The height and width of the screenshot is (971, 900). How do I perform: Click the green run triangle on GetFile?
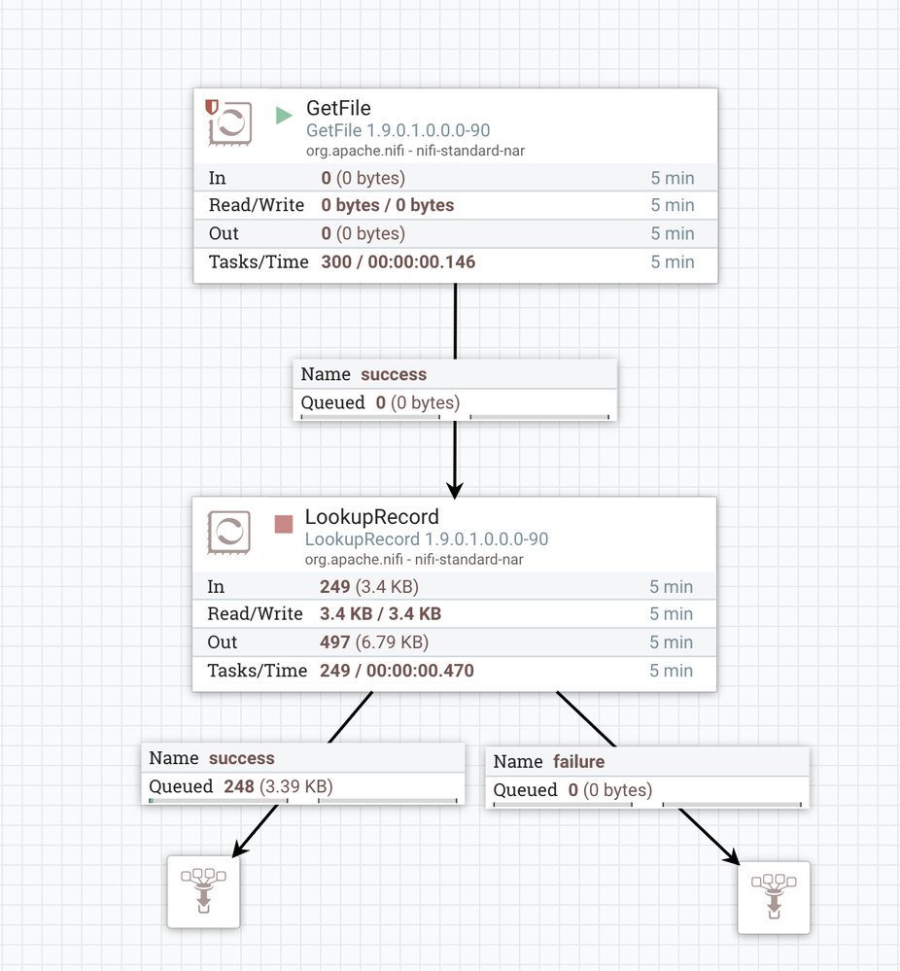coord(284,116)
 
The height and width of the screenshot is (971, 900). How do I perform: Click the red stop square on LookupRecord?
coord(284,524)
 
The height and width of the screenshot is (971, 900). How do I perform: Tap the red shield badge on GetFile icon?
coord(212,107)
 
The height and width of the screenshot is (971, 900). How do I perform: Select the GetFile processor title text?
coord(338,108)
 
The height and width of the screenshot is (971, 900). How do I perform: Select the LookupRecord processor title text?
coord(371,516)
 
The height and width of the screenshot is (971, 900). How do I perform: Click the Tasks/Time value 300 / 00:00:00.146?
coord(398,262)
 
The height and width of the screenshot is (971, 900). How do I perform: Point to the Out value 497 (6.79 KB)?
coord(374,642)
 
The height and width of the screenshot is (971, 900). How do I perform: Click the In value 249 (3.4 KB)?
coord(369,586)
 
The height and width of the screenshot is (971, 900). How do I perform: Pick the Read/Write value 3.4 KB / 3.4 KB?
coord(380,613)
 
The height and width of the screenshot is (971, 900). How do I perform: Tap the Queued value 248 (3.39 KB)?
coord(278,786)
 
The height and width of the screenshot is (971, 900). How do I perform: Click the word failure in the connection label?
coord(578,761)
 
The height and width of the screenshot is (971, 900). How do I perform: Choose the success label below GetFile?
coord(394,374)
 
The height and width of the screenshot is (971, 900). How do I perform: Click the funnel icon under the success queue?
coord(203,891)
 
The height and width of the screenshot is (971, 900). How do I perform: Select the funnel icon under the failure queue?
coord(774,897)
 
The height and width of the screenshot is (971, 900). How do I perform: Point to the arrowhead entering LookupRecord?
coord(455,491)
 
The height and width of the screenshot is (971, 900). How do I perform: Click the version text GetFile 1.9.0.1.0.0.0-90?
coord(398,130)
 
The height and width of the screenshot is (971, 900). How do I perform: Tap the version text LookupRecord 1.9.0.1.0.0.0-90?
coord(426,539)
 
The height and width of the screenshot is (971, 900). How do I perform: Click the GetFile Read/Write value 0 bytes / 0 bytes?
coord(388,205)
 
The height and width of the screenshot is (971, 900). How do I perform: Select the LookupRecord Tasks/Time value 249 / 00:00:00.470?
coord(398,671)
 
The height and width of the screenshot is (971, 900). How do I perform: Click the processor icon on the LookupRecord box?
coord(228,532)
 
